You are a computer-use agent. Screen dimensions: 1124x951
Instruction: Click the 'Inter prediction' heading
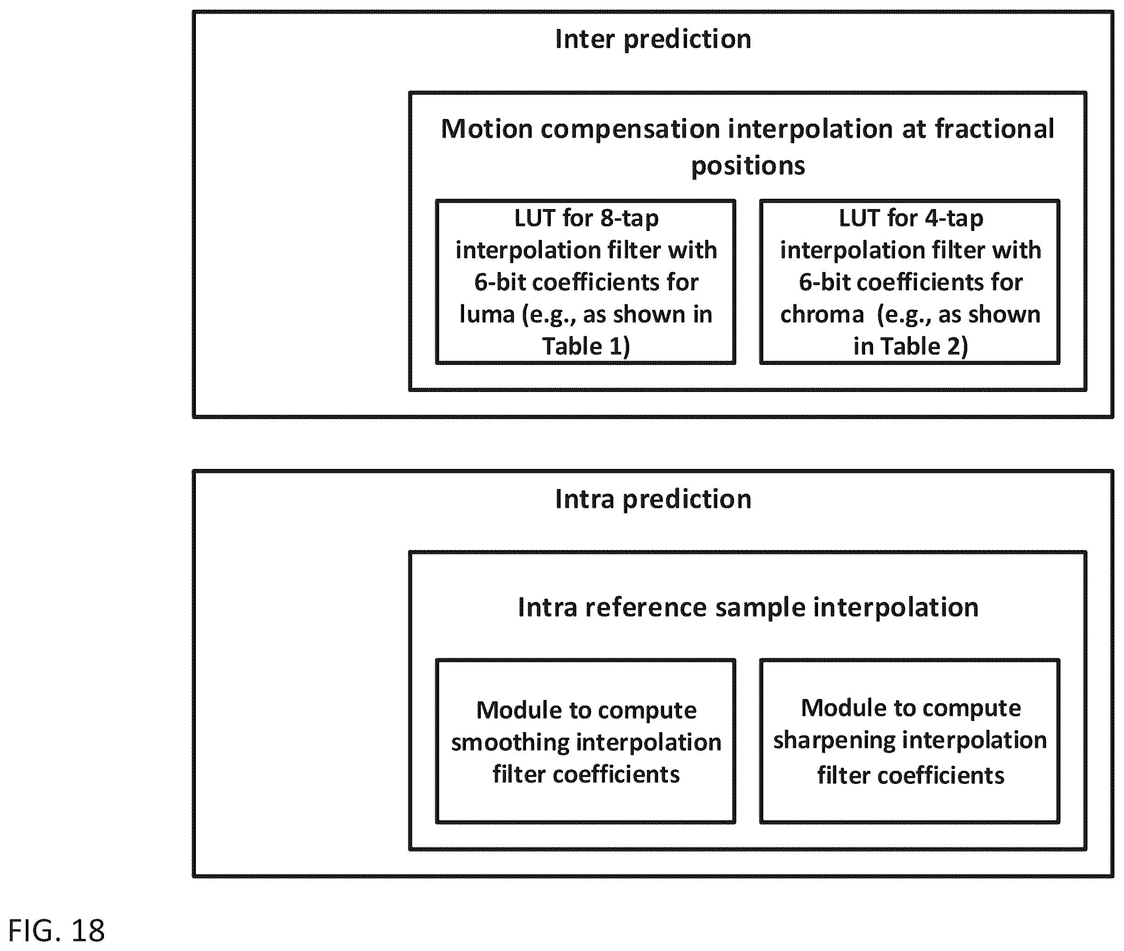tap(653, 39)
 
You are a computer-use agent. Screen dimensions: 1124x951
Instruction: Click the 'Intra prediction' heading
tap(653, 499)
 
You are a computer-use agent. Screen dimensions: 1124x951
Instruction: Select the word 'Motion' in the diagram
tap(487, 129)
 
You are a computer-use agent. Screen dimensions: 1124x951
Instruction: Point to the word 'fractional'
tap(994, 129)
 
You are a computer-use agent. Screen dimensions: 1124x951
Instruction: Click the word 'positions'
tap(748, 166)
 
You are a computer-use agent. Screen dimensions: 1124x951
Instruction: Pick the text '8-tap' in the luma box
tap(629, 219)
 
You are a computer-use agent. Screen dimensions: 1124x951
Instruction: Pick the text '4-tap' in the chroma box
tap(954, 219)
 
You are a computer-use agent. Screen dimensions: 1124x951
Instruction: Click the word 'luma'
tap(486, 315)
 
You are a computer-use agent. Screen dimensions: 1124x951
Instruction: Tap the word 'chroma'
tap(822, 315)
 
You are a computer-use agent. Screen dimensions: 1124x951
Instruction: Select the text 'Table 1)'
tap(586, 347)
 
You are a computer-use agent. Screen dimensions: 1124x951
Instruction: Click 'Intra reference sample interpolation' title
tap(748, 608)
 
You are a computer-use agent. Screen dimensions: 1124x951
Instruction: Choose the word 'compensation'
tap(631, 130)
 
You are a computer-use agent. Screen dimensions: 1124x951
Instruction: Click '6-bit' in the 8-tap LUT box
tap(499, 282)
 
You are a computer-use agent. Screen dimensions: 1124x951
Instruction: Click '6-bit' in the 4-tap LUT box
tap(823, 282)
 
